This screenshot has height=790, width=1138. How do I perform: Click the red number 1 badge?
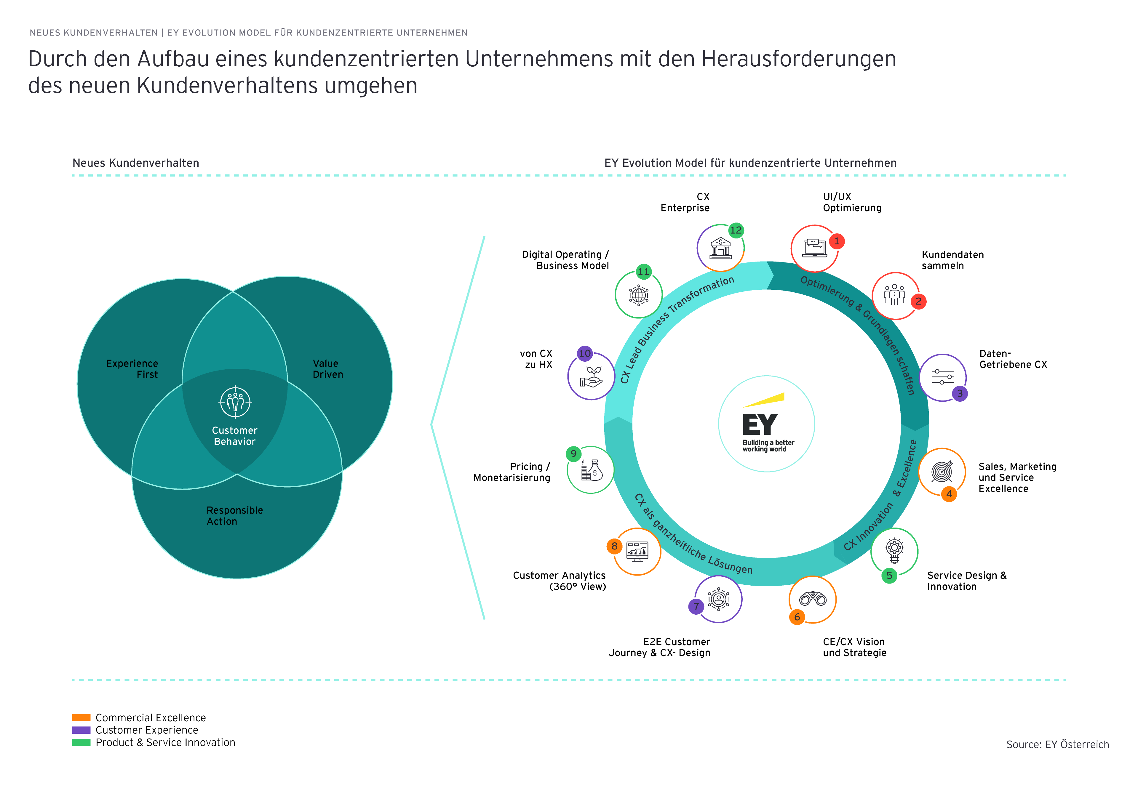pyautogui.click(x=836, y=241)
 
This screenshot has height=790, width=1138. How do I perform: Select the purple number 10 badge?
pyautogui.click(x=585, y=353)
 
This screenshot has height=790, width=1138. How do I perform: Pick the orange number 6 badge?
pyautogui.click(x=797, y=617)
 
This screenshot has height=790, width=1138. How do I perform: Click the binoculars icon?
pyautogui.click(x=813, y=599)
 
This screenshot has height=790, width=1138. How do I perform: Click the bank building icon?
pyautogui.click(x=720, y=248)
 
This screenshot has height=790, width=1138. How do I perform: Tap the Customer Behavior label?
pyautogui.click(x=235, y=436)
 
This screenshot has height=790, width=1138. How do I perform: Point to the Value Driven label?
pyautogui.click(x=327, y=369)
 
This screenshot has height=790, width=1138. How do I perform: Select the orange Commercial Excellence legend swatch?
pyautogui.click(x=81, y=717)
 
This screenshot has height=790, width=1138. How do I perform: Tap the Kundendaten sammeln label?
pyautogui.click(x=952, y=260)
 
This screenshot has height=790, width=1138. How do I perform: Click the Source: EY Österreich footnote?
pyautogui.click(x=1057, y=744)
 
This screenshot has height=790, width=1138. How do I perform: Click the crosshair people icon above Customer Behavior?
pyautogui.click(x=235, y=402)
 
